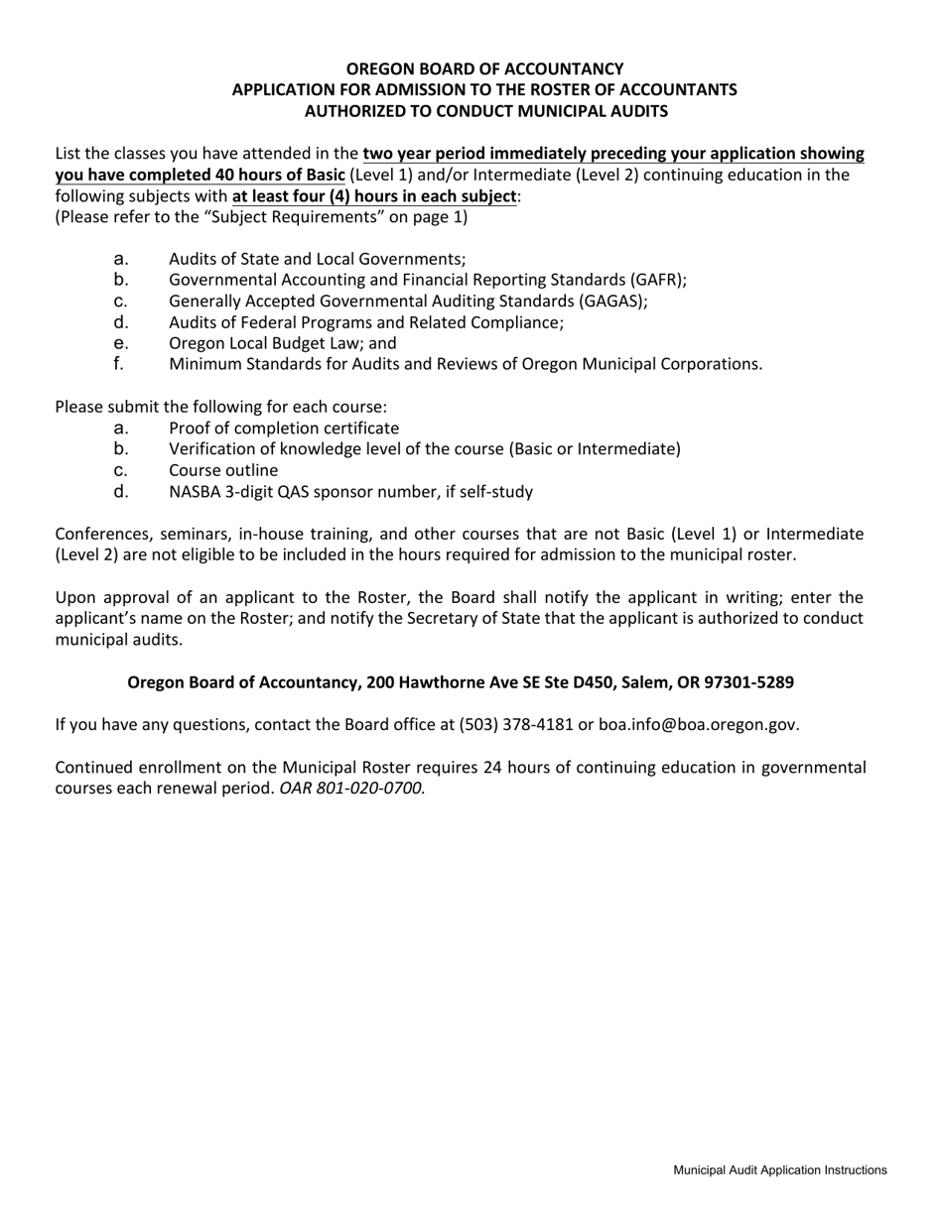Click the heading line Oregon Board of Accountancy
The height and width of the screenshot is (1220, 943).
[x=484, y=68]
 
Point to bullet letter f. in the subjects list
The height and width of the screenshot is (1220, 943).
[x=119, y=363]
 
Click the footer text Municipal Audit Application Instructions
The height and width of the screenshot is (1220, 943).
[x=780, y=1170]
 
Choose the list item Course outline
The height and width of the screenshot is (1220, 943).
[x=223, y=470]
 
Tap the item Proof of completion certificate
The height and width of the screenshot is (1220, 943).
[x=284, y=428]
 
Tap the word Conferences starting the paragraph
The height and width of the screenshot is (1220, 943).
[x=102, y=534]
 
